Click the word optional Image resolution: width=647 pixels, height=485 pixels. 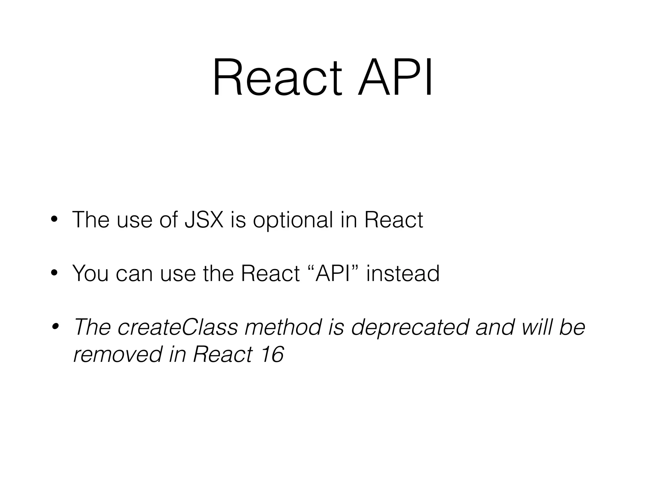coord(293,220)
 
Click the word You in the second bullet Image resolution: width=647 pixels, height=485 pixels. coord(91,273)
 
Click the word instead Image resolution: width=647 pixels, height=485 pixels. coord(403,273)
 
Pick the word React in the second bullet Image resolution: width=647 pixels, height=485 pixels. coord(270,273)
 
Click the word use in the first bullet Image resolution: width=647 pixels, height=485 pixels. coord(134,220)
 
